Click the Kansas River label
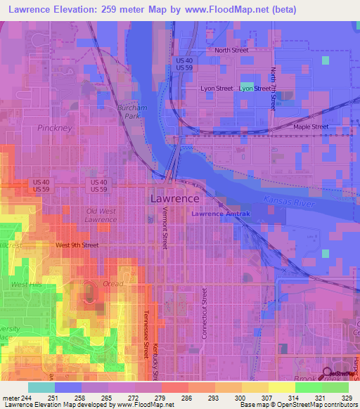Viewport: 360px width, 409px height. click(x=286, y=202)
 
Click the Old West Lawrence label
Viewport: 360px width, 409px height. click(x=101, y=215)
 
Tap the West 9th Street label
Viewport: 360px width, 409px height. click(x=77, y=245)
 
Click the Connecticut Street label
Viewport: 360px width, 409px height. click(x=205, y=313)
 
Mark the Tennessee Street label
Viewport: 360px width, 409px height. click(x=147, y=330)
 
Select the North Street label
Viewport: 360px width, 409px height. click(x=231, y=51)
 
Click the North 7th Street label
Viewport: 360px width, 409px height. click(x=273, y=89)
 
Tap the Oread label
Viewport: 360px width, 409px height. click(x=112, y=284)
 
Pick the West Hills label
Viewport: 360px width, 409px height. click(x=27, y=284)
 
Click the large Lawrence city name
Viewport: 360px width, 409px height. click(x=174, y=199)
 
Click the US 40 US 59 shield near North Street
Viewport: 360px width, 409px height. click(x=185, y=63)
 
